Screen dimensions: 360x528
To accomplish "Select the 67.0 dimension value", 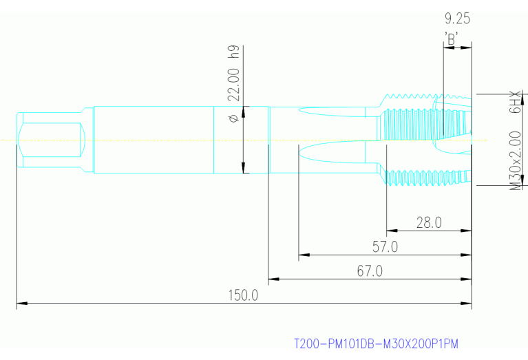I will [x=369, y=271].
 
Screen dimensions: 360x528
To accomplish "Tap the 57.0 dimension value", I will [x=384, y=246].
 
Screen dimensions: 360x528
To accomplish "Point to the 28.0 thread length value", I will [x=428, y=222].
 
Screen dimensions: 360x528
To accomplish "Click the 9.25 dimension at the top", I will [x=458, y=18].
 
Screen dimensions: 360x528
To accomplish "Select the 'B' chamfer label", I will [x=452, y=39].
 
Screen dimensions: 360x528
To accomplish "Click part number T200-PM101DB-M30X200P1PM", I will [x=376, y=343].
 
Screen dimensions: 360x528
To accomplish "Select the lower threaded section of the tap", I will [x=423, y=177].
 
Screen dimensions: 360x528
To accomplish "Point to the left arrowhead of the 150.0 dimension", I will [x=21, y=303].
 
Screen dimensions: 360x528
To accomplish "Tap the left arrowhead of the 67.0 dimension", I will [x=273, y=279].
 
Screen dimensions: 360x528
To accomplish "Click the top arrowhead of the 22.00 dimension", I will [x=244, y=111].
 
